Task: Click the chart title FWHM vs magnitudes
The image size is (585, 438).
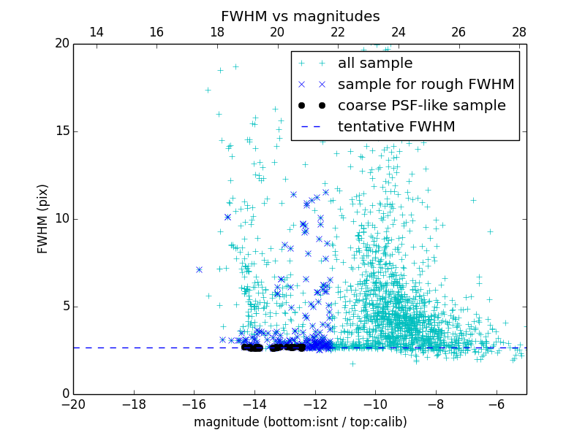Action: pos(300,16)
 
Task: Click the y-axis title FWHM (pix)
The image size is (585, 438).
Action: pos(43,219)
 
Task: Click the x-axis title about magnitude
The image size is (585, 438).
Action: pos(300,422)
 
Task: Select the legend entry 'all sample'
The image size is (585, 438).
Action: pos(375,64)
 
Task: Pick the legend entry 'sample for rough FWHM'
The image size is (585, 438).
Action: pos(426,85)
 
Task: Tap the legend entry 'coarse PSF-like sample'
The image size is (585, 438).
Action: pos(421,106)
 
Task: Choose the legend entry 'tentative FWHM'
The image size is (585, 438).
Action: pos(396,127)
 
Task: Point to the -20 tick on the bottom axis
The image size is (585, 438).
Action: pos(73,404)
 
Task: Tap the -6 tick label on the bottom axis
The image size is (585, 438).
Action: pos(497,404)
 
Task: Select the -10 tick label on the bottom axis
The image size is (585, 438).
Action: pos(375,404)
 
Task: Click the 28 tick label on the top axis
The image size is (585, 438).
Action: pos(519,32)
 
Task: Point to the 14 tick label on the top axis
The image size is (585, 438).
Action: pos(96,32)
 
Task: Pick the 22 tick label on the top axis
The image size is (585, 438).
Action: pos(338,32)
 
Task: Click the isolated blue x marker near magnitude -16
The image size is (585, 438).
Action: pos(199,269)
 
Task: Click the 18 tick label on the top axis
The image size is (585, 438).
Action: pos(217,32)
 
